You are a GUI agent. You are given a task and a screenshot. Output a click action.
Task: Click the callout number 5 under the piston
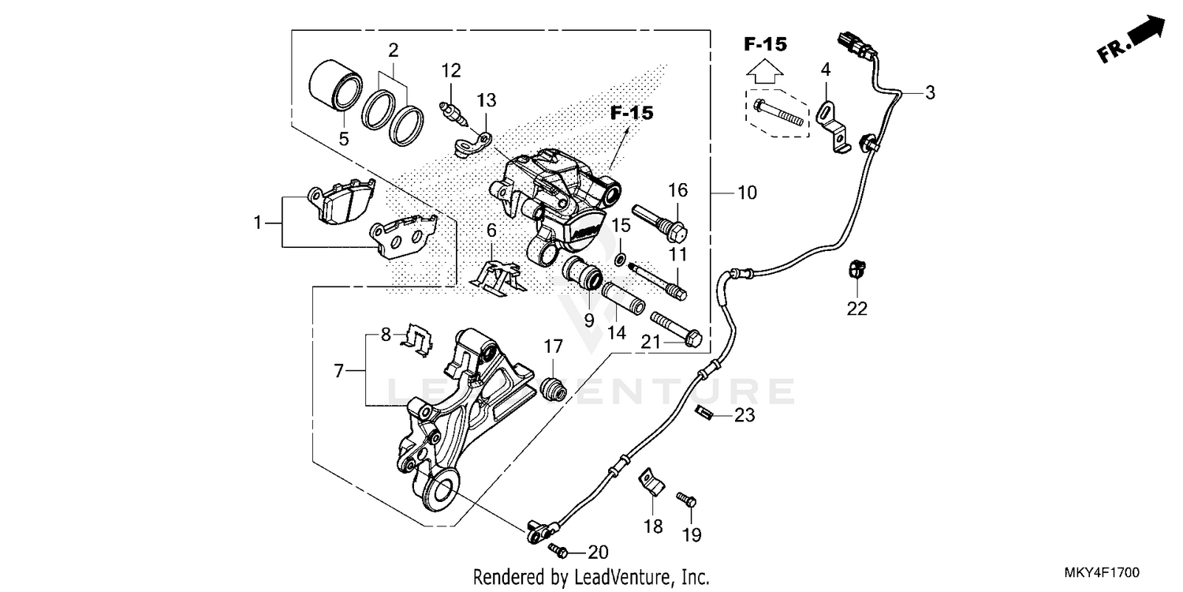click(x=344, y=139)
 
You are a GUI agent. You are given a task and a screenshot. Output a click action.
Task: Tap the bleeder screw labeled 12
click(x=453, y=111)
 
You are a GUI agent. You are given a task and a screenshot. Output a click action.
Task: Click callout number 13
click(x=487, y=100)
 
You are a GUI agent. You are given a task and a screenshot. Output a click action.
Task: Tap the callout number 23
click(x=745, y=415)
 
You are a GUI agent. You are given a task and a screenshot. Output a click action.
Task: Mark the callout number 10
click(x=746, y=192)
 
